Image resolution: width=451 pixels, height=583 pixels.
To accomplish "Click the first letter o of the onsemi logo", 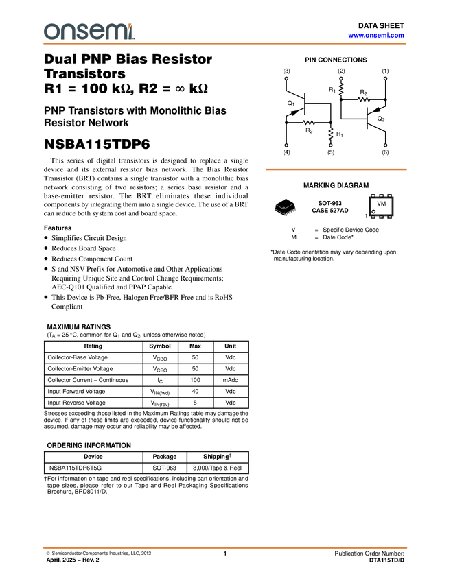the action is [51, 32].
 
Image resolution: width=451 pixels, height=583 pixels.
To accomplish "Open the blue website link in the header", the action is [376, 35].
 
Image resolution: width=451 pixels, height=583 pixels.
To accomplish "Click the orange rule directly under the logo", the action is [225, 44].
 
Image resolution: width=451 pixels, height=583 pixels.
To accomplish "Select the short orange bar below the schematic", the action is [336, 169].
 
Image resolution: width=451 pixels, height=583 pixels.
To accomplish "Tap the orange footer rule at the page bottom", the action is [225, 547].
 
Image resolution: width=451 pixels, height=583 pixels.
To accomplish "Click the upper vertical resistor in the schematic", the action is [341, 89].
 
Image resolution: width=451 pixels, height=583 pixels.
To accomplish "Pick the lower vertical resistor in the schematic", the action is [331, 133].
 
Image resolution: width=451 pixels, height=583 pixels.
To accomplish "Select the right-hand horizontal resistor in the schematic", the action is [364, 100].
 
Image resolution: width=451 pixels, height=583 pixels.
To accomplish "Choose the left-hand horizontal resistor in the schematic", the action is [309, 122].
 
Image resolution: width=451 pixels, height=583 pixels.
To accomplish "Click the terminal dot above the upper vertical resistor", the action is [341, 78].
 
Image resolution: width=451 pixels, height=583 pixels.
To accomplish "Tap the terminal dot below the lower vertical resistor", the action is [331, 145].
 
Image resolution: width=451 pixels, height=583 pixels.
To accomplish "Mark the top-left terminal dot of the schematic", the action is [286, 78].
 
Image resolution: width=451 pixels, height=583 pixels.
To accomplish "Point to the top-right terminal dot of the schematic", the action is [385, 78].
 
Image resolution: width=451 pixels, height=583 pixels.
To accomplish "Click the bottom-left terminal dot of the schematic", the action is [286, 145].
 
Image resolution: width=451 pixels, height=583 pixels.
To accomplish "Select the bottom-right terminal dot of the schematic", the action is [385, 145].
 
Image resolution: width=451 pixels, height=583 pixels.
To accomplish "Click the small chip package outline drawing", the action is [285, 209].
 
